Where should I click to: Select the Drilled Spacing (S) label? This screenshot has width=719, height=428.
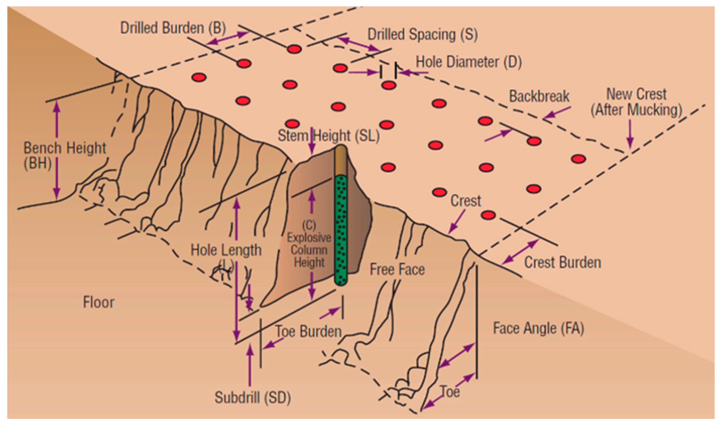pyautogui.click(x=422, y=35)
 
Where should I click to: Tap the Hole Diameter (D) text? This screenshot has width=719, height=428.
pyautogui.click(x=468, y=62)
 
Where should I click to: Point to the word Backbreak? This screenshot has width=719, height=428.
pyautogui.click(x=539, y=96)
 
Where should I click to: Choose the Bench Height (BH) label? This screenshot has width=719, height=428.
pyautogui.click(x=64, y=155)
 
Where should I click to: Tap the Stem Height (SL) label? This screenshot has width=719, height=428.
pyautogui.click(x=328, y=136)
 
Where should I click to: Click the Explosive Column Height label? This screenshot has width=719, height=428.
pyautogui.click(x=309, y=244)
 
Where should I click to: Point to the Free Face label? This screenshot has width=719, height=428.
pyautogui.click(x=397, y=270)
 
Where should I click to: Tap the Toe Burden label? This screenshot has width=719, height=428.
pyautogui.click(x=308, y=331)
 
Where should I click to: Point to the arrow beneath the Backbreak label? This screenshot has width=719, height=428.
pyautogui.click(x=557, y=113)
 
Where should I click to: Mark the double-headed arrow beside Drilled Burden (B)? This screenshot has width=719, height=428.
pyautogui.click(x=228, y=38)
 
